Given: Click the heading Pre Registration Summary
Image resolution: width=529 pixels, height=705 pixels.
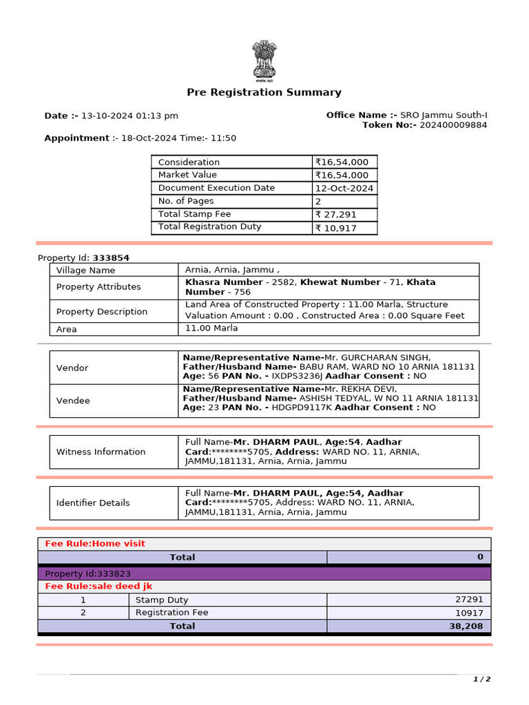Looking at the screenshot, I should pyautogui.click(x=264, y=92).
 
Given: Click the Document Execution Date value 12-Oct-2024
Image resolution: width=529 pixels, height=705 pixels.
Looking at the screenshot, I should pyautogui.click(x=344, y=188).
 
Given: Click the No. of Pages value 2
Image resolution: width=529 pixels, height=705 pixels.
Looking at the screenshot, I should pyautogui.click(x=318, y=202).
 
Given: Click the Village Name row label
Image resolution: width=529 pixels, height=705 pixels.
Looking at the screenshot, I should pyautogui.click(x=85, y=271).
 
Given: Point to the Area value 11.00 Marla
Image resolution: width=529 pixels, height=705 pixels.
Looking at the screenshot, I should pyautogui.click(x=211, y=328).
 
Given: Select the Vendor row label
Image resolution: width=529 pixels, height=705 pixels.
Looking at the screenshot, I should pyautogui.click(x=72, y=368).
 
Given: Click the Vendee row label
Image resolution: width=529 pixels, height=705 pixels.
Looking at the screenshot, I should pyautogui.click(x=73, y=401).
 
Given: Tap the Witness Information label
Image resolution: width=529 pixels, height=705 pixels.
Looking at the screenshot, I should pyautogui.click(x=101, y=452).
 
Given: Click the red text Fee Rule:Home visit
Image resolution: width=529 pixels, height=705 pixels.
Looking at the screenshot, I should pyautogui.click(x=95, y=543).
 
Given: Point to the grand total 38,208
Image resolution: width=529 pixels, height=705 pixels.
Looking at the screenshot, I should pyautogui.click(x=468, y=626).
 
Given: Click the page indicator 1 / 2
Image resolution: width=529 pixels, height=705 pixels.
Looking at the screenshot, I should pyautogui.click(x=481, y=680).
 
